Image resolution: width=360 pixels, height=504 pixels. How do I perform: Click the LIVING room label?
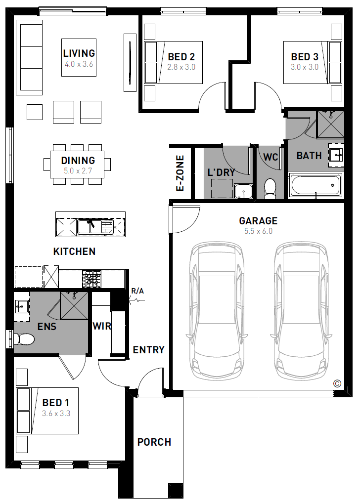pyautogui.click(x=79, y=53)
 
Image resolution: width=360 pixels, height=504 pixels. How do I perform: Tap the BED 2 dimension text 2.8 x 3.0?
pyautogui.click(x=181, y=67)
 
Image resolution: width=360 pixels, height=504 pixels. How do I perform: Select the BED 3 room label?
pyautogui.click(x=304, y=57)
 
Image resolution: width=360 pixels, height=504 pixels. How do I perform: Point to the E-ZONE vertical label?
pyautogui.click(x=180, y=173)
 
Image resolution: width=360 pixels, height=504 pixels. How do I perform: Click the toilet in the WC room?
pyautogui.click(x=270, y=189)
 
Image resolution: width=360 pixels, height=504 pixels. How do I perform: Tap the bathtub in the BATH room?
pyautogui.click(x=315, y=185)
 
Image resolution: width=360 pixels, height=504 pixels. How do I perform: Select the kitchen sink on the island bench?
pyautogui.click(x=95, y=226)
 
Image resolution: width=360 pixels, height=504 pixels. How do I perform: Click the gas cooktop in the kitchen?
pyautogui.click(x=92, y=278)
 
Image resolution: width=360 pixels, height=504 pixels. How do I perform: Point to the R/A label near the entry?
pyautogui.click(x=137, y=291)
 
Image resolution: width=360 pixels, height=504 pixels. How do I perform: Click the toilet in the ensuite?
pyautogui.click(x=24, y=339)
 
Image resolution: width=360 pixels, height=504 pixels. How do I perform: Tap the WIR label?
pyautogui.click(x=102, y=326)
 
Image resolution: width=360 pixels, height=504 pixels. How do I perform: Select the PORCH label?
pyautogui.click(x=154, y=442)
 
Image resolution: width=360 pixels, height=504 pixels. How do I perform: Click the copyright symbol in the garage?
pyautogui.click(x=337, y=383)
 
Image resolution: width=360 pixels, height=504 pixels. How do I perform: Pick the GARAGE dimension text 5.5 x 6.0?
pyautogui.click(x=258, y=231)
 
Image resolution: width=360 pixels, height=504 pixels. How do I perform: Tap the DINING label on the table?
pyautogui.click(x=78, y=160)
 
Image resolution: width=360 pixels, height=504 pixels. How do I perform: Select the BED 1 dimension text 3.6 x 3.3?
pyautogui.click(x=56, y=414)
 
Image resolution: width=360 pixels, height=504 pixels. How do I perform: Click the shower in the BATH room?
pyautogui.click(x=330, y=125)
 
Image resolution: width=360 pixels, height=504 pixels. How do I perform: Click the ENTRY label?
pyautogui.click(x=149, y=350)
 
